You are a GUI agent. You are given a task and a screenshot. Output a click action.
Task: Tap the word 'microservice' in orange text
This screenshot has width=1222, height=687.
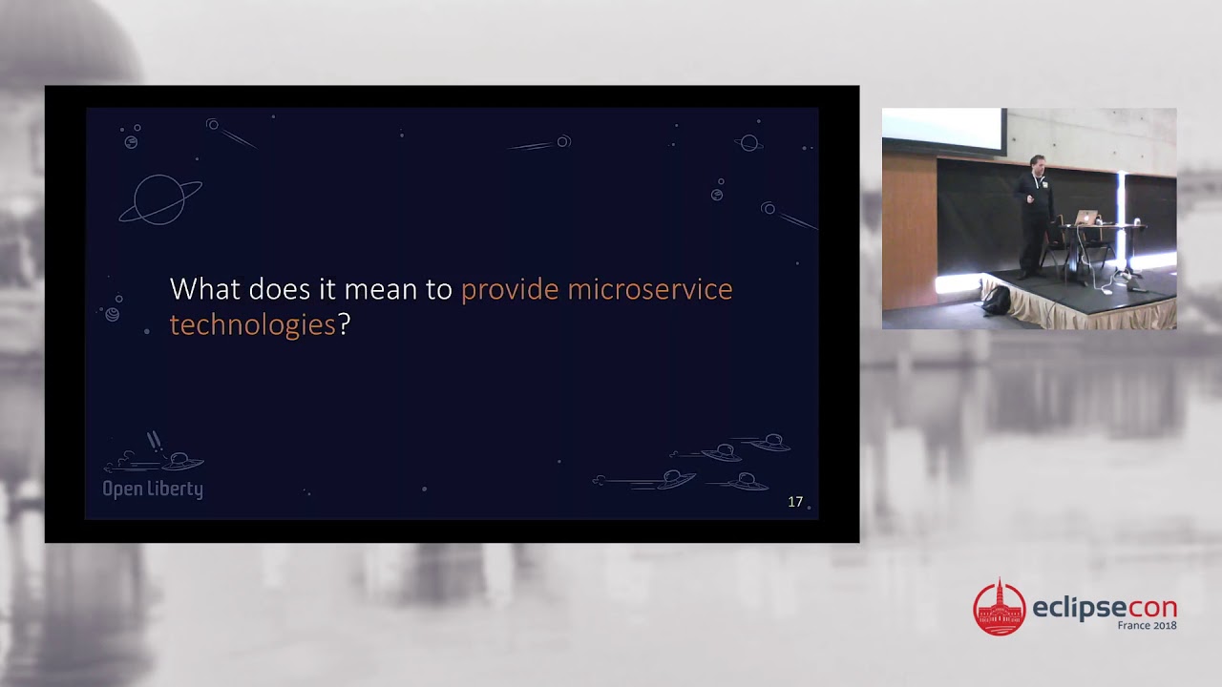click(x=650, y=289)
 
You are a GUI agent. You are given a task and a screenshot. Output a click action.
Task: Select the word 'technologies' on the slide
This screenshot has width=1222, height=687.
click(x=252, y=324)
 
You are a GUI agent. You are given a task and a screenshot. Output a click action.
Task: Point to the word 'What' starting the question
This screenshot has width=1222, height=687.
click(x=204, y=289)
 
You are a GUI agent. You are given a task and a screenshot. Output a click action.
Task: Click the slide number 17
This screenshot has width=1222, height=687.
click(x=795, y=502)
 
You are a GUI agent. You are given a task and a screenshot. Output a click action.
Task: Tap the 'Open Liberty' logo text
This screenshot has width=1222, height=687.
click(x=153, y=489)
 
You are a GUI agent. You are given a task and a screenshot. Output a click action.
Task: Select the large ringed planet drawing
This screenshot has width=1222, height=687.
click(x=159, y=199)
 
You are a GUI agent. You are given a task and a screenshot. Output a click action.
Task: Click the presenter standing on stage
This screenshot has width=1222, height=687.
click(x=1034, y=214)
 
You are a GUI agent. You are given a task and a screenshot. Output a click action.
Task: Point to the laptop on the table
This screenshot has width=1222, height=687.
click(x=1085, y=218)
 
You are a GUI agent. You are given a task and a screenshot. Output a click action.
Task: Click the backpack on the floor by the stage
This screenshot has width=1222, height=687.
click(x=996, y=300)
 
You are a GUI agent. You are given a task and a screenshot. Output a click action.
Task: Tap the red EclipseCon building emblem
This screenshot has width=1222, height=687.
click(x=999, y=608)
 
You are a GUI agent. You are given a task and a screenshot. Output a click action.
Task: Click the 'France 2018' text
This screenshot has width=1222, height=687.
click(x=1147, y=626)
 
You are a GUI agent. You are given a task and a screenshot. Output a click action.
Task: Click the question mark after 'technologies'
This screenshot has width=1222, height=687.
click(x=345, y=324)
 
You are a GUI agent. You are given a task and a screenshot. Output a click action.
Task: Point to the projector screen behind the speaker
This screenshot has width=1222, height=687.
click(x=942, y=131)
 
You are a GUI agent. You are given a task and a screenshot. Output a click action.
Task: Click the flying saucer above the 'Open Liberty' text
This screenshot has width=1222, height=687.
click(x=179, y=462)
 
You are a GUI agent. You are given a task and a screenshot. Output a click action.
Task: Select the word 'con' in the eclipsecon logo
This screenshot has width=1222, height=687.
click(x=1151, y=609)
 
